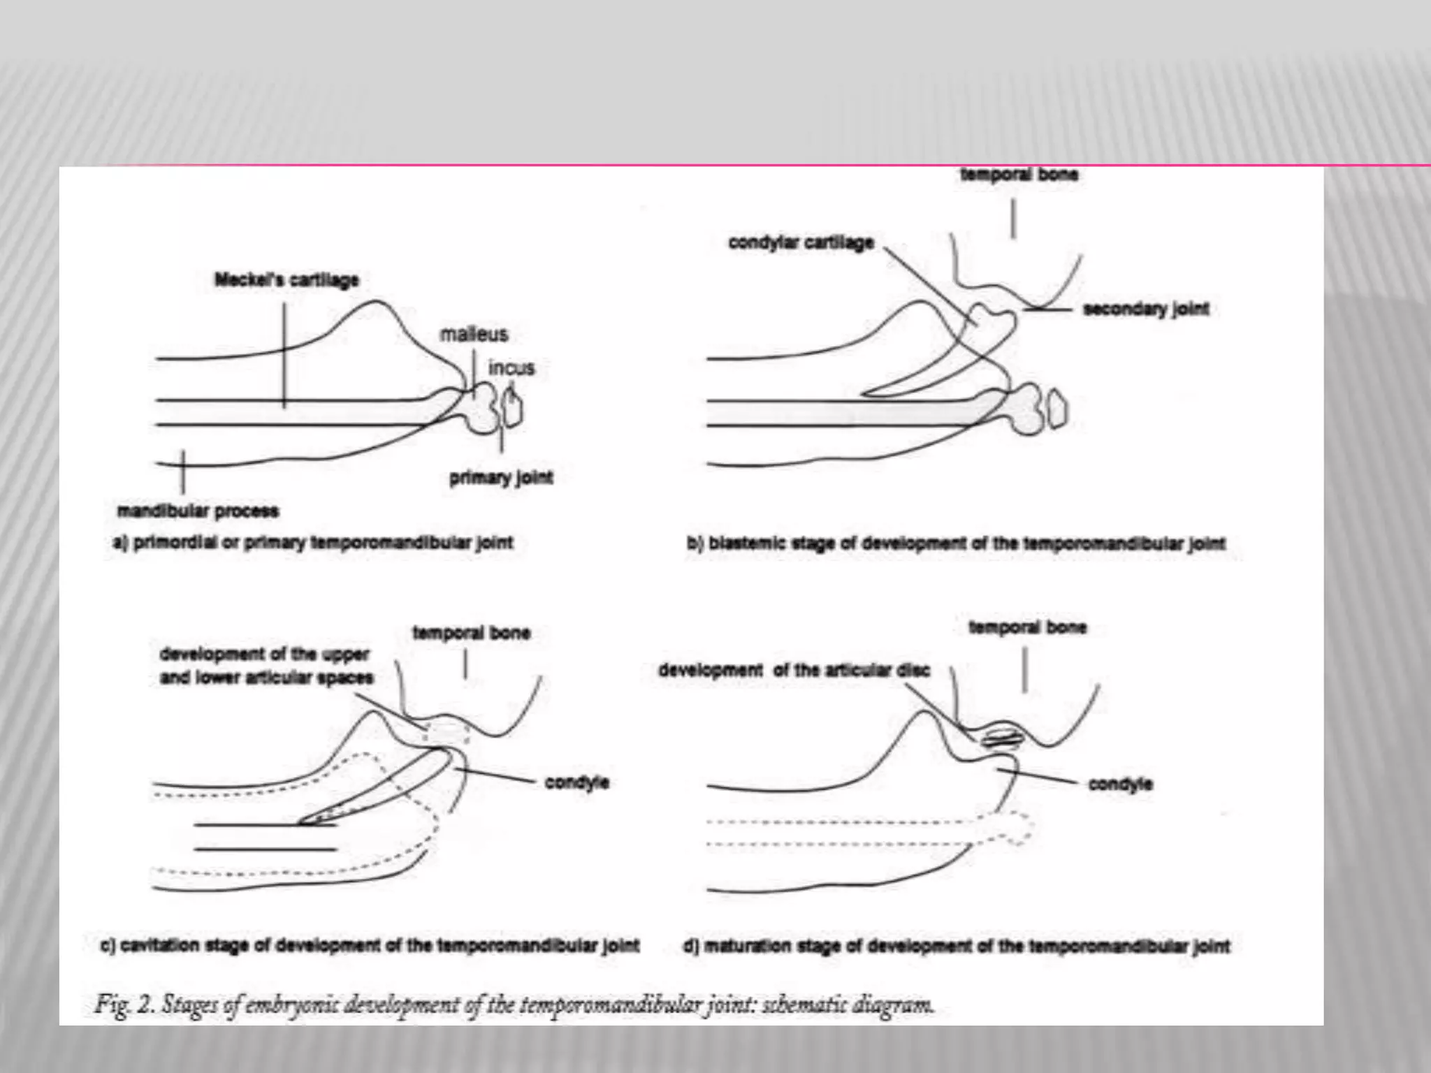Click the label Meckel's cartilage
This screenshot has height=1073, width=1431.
pyautogui.click(x=286, y=280)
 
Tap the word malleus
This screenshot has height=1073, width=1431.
pyautogui.click(x=474, y=335)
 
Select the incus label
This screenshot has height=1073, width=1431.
pyautogui.click(x=511, y=368)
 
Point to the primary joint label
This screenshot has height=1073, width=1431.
pyautogui.click(x=501, y=478)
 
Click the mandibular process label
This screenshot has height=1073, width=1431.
pyautogui.click(x=198, y=511)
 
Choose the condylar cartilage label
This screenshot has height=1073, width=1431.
pyautogui.click(x=801, y=243)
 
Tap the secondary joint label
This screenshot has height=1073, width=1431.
pyautogui.click(x=1145, y=309)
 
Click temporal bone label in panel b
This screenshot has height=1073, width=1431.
pyautogui.click(x=1019, y=175)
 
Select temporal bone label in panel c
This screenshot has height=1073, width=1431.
pyautogui.click(x=472, y=633)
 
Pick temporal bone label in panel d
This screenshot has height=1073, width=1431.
pyautogui.click(x=1027, y=627)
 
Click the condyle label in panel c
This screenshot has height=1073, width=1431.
pyautogui.click(x=576, y=782)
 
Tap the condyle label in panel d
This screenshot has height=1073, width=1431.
pyautogui.click(x=1120, y=784)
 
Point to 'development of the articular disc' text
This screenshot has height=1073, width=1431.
pyautogui.click(x=794, y=671)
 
